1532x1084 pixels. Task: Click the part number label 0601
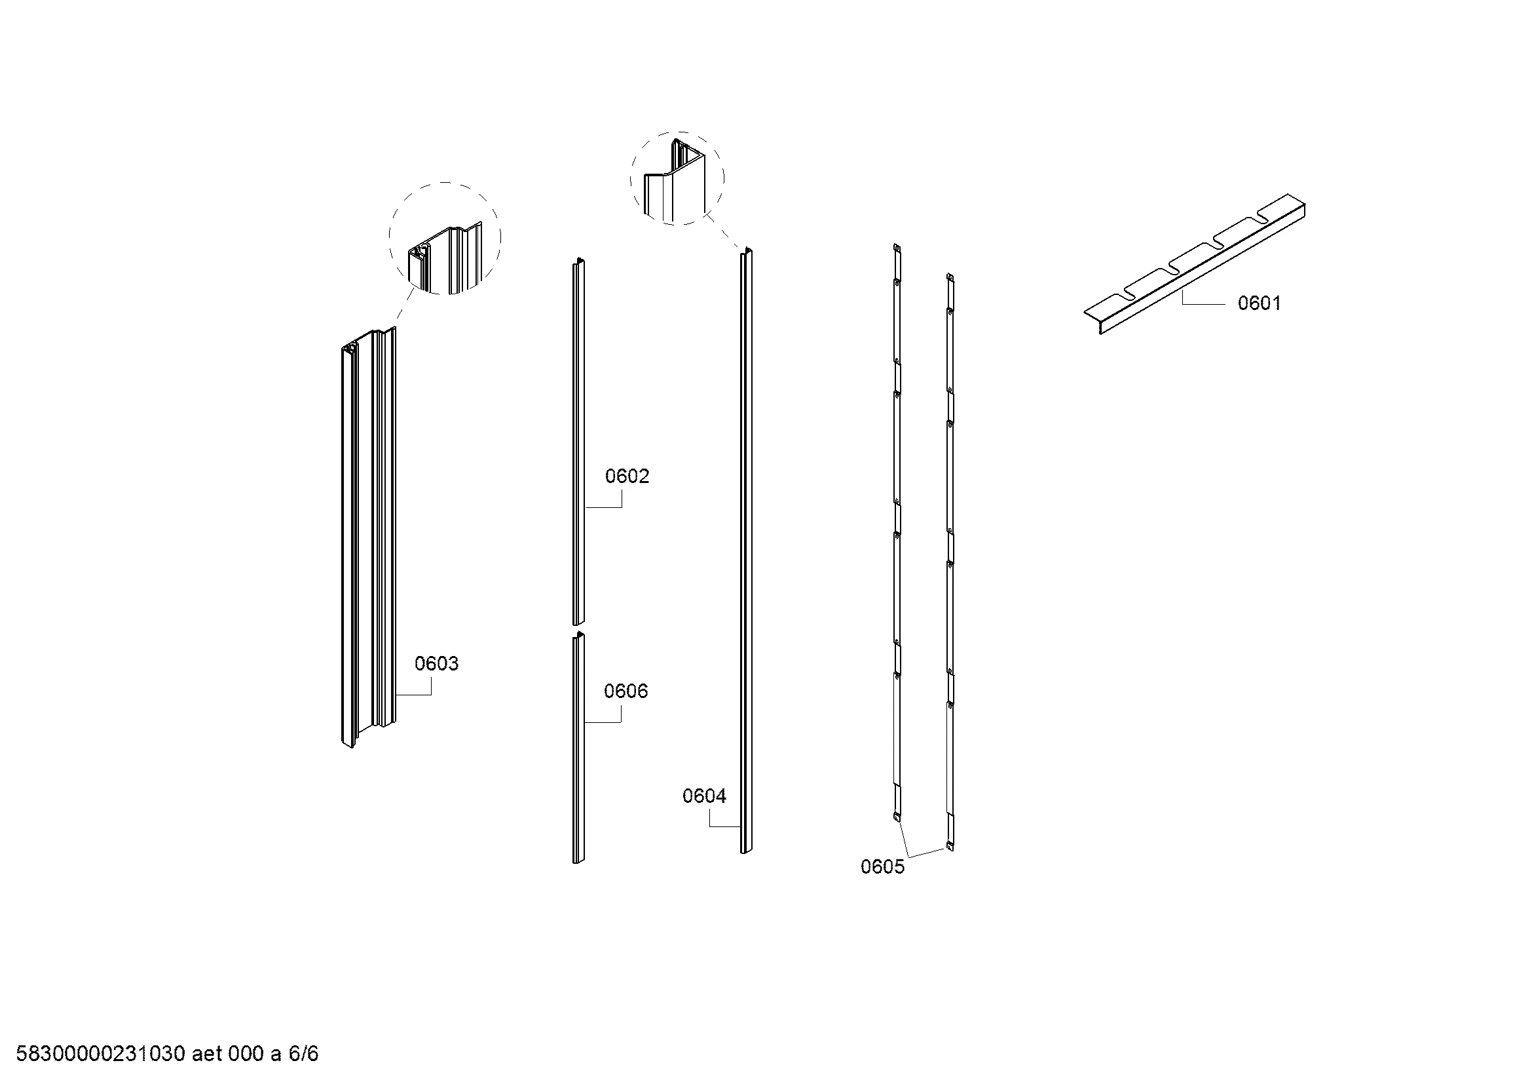pyautogui.click(x=1259, y=303)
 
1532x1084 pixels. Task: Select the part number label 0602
pyautogui.click(x=627, y=476)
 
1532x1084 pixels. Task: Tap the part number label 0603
pyautogui.click(x=436, y=663)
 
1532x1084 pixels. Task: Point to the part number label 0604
pyautogui.click(x=704, y=796)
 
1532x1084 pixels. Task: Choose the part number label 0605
pyautogui.click(x=882, y=866)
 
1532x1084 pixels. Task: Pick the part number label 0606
pyautogui.click(x=626, y=691)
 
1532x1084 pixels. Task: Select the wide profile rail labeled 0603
pyautogui.click(x=367, y=537)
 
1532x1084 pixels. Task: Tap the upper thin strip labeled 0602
pyautogui.click(x=578, y=441)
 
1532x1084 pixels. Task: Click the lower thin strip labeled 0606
pyautogui.click(x=578, y=747)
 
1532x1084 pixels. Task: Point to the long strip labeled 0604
pyautogui.click(x=746, y=551)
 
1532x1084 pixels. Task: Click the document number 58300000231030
pyautogui.click(x=100, y=1054)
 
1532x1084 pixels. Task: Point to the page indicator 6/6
pyautogui.click(x=303, y=1054)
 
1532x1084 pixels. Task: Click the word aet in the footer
pyautogui.click(x=207, y=1054)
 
